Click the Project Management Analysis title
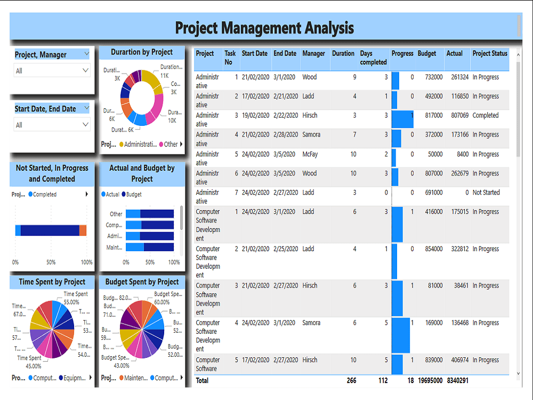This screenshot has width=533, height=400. (264, 27)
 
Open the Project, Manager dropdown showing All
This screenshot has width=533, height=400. (52, 70)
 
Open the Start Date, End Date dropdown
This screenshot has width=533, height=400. (52, 125)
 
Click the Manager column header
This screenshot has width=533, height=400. (313, 53)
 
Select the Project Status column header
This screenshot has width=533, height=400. (489, 53)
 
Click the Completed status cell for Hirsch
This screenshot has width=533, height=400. (485, 116)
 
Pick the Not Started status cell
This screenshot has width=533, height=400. (486, 193)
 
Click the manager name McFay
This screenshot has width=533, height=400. (310, 154)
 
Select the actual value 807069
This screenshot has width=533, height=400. (457, 116)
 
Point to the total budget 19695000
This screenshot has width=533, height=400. (430, 380)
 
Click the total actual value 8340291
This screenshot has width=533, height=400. (457, 380)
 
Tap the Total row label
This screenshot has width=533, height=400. (203, 380)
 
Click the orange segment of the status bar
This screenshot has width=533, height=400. (83, 230)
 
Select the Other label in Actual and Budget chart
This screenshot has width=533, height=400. (116, 214)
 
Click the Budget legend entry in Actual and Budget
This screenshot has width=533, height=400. (133, 195)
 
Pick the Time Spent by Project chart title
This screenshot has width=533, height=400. (52, 282)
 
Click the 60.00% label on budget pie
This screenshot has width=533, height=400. (162, 302)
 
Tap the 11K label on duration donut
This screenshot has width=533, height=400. (164, 76)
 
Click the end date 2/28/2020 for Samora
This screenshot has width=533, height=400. (285, 135)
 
